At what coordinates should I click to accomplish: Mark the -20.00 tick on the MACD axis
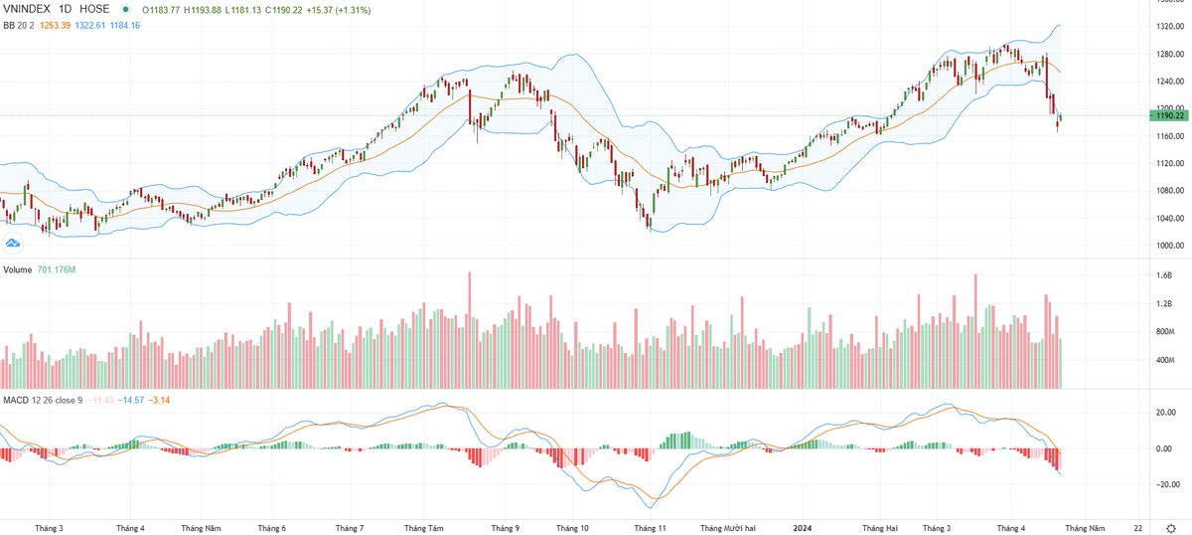[1162, 484]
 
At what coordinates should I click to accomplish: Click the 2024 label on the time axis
[803, 528]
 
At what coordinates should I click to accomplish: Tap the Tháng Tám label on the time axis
[425, 528]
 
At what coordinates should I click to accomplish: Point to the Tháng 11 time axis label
[651, 528]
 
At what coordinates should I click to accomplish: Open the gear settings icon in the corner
[1172, 528]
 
